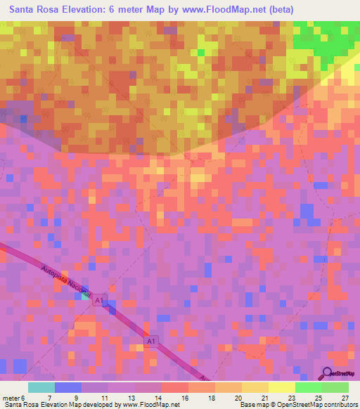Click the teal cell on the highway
click(84, 296)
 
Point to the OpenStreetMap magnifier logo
click(327, 374)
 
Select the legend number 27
click(345, 398)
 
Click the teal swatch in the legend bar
click(41, 387)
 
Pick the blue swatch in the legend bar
click(68, 387)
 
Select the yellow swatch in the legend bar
click(282, 387)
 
